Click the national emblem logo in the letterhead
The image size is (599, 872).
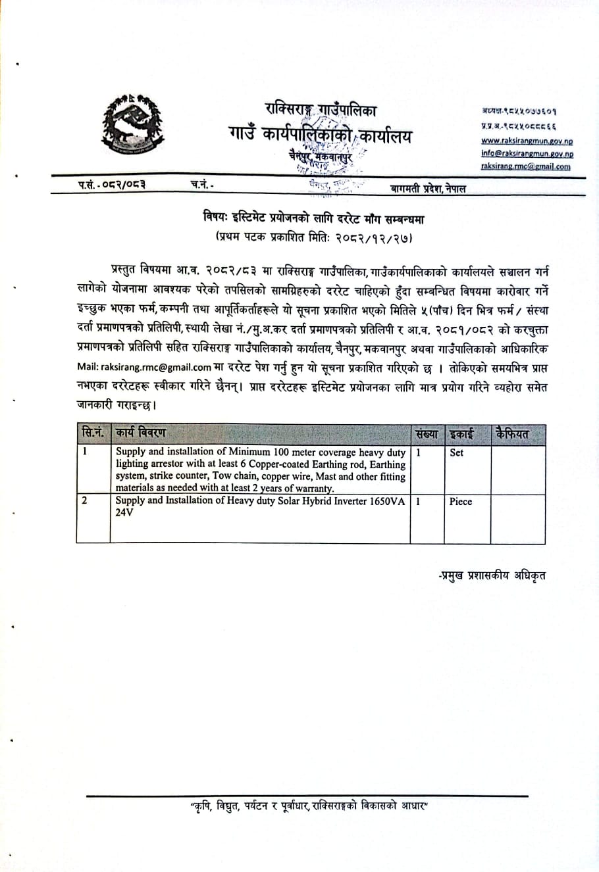[132, 125]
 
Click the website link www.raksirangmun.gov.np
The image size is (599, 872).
[527, 141]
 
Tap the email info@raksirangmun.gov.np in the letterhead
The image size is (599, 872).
[527, 153]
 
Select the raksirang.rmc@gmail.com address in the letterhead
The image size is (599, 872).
[526, 166]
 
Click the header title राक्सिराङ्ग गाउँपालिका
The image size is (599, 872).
[321, 109]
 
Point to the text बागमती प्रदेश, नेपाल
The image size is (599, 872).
[428, 189]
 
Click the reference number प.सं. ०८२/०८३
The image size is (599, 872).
[111, 185]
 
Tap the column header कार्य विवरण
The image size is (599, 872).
[140, 433]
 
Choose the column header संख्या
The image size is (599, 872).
[427, 434]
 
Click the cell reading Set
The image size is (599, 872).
[456, 452]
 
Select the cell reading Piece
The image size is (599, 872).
[461, 501]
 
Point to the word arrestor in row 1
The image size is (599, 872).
[173, 464]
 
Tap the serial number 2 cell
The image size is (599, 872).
[84, 500]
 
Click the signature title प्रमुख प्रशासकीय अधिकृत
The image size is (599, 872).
[492, 576]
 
